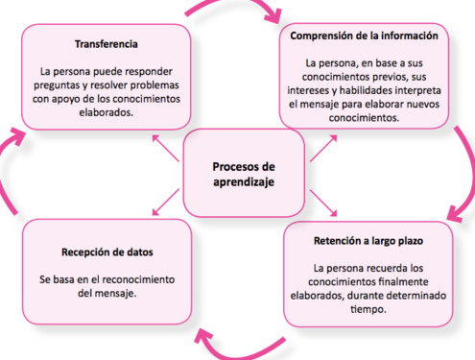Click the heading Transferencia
[107, 44]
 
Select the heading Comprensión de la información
[364, 36]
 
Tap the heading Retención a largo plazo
[368, 241]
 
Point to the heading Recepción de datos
[107, 252]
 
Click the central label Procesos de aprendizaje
[244, 175]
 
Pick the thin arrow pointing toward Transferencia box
[165, 148]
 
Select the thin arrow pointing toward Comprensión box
[323, 148]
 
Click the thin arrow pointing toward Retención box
[323, 203]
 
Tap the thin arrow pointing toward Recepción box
[165, 202]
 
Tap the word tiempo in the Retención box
[368, 309]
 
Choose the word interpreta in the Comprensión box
[418, 90]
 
